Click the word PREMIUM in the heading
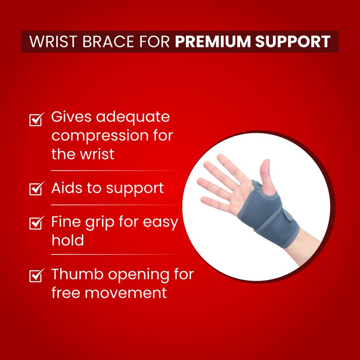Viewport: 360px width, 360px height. point(213,42)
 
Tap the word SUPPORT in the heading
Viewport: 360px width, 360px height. point(293,42)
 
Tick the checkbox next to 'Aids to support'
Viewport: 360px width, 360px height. point(37,188)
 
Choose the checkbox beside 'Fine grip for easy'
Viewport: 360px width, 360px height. point(37,223)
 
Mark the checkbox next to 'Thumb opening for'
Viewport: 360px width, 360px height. point(37,275)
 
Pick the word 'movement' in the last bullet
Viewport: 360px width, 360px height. point(126,293)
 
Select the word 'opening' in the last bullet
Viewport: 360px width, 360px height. point(139,275)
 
